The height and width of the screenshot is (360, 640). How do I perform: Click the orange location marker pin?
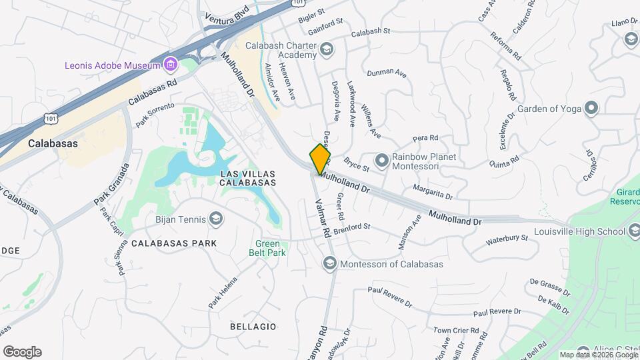pos(321,159)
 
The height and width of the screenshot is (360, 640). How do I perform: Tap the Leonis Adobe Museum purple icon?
pos(171,65)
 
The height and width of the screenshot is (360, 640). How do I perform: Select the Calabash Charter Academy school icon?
pos(327,49)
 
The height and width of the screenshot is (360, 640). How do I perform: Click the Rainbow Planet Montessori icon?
pos(382,160)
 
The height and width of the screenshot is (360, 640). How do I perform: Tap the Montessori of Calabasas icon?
pos(329,265)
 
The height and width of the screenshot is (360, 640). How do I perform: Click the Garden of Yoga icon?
pos(591,108)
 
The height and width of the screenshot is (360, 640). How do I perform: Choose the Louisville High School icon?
pos(634,231)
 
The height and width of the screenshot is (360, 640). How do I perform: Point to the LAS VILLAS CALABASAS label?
pos(248,177)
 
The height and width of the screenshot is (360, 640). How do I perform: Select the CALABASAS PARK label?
pos(174,243)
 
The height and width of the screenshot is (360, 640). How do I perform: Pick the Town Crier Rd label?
pos(456,330)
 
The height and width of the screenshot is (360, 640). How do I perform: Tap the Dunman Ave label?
pos(387,72)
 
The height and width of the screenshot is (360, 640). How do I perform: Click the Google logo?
pos(22,352)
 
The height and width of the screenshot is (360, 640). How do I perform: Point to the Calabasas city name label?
pos(53,143)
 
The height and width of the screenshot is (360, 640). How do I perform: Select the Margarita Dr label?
pos(432,193)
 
